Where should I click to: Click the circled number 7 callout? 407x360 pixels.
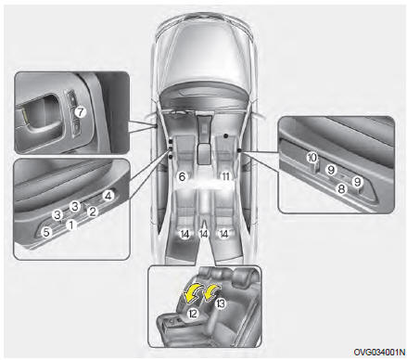(81, 111)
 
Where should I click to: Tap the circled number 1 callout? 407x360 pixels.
(71, 225)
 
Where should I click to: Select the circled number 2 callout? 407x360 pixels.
(92, 212)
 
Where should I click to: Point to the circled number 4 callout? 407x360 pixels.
(108, 196)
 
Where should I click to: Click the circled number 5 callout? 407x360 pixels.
(46, 232)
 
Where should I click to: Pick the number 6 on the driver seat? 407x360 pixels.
(182, 176)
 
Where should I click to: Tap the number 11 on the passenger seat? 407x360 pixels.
(226, 176)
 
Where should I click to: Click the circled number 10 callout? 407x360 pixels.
(312, 158)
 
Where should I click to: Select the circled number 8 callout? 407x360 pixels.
(341, 188)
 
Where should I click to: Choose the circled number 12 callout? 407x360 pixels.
(193, 314)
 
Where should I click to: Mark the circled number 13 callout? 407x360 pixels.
(221, 303)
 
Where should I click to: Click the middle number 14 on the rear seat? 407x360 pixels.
(204, 234)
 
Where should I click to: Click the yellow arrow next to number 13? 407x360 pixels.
(211, 292)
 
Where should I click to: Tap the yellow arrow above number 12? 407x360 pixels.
(192, 293)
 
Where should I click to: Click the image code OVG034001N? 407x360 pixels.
(379, 352)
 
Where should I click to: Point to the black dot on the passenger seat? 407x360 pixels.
(226, 135)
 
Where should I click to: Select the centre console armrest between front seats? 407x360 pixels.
(204, 153)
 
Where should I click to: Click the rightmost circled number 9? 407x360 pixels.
(357, 182)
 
